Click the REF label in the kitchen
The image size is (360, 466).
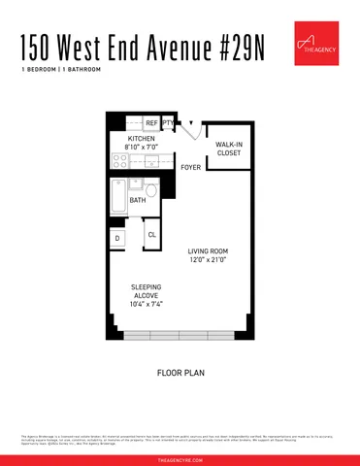[151, 123]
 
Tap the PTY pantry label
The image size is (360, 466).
[168, 123]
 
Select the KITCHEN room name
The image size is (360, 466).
[142, 139]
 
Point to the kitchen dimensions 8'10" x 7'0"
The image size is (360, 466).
[142, 149]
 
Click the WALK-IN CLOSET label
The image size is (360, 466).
[228, 149]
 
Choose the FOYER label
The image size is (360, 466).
[191, 168]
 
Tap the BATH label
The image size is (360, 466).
[138, 202]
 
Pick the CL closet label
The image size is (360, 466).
[152, 235]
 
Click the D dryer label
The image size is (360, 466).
[117, 238]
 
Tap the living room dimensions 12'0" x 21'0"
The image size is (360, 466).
[207, 260]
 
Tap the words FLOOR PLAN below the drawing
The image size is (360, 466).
[180, 372]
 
